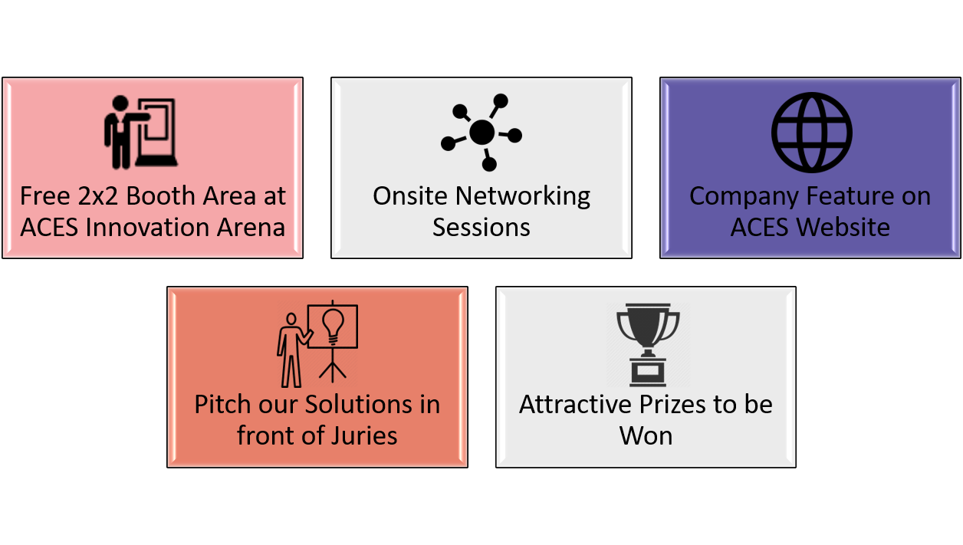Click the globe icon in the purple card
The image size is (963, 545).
812,133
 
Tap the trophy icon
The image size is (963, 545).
648,345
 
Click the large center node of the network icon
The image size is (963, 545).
482,132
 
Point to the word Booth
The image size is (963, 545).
161,196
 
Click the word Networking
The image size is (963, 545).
523,197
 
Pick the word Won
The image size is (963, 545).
646,436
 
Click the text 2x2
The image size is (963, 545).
97,196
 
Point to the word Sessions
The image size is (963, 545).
481,228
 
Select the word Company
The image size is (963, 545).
744,197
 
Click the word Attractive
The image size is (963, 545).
576,405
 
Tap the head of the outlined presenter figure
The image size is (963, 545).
291,320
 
